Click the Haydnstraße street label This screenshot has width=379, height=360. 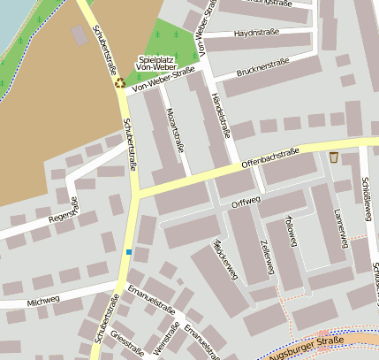click(256, 33)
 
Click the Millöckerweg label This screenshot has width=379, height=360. click(226, 257)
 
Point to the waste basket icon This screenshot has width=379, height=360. click(334, 157)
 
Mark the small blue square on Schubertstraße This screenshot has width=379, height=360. click(129, 252)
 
